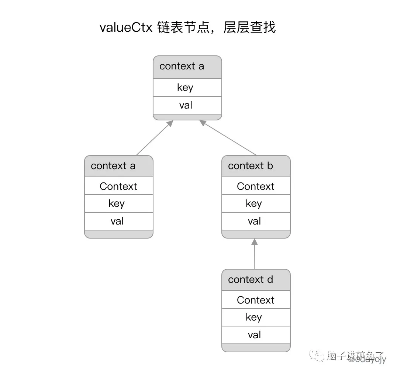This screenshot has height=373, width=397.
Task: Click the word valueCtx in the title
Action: tap(126, 28)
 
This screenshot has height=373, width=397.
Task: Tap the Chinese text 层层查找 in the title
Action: tap(249, 28)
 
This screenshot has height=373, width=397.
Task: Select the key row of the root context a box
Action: tap(187, 88)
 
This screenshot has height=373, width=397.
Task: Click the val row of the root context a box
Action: tap(187, 105)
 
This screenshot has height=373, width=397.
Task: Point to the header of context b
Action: tap(256, 166)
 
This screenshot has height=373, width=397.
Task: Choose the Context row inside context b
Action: tap(256, 186)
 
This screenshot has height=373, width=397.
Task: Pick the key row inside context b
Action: tap(256, 203)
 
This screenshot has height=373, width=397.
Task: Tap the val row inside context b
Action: tap(256, 221)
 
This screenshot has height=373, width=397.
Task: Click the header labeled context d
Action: tap(256, 280)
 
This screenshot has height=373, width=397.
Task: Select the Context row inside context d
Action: tap(256, 300)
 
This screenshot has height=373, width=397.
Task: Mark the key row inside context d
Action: tap(256, 317)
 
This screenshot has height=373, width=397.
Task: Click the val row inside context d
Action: tap(256, 335)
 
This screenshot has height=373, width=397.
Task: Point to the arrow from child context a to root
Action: tap(154, 138)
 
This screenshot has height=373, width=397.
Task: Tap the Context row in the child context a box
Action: tap(118, 186)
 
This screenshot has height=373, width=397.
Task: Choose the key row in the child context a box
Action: tap(118, 203)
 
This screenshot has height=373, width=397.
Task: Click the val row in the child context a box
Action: tap(118, 221)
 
